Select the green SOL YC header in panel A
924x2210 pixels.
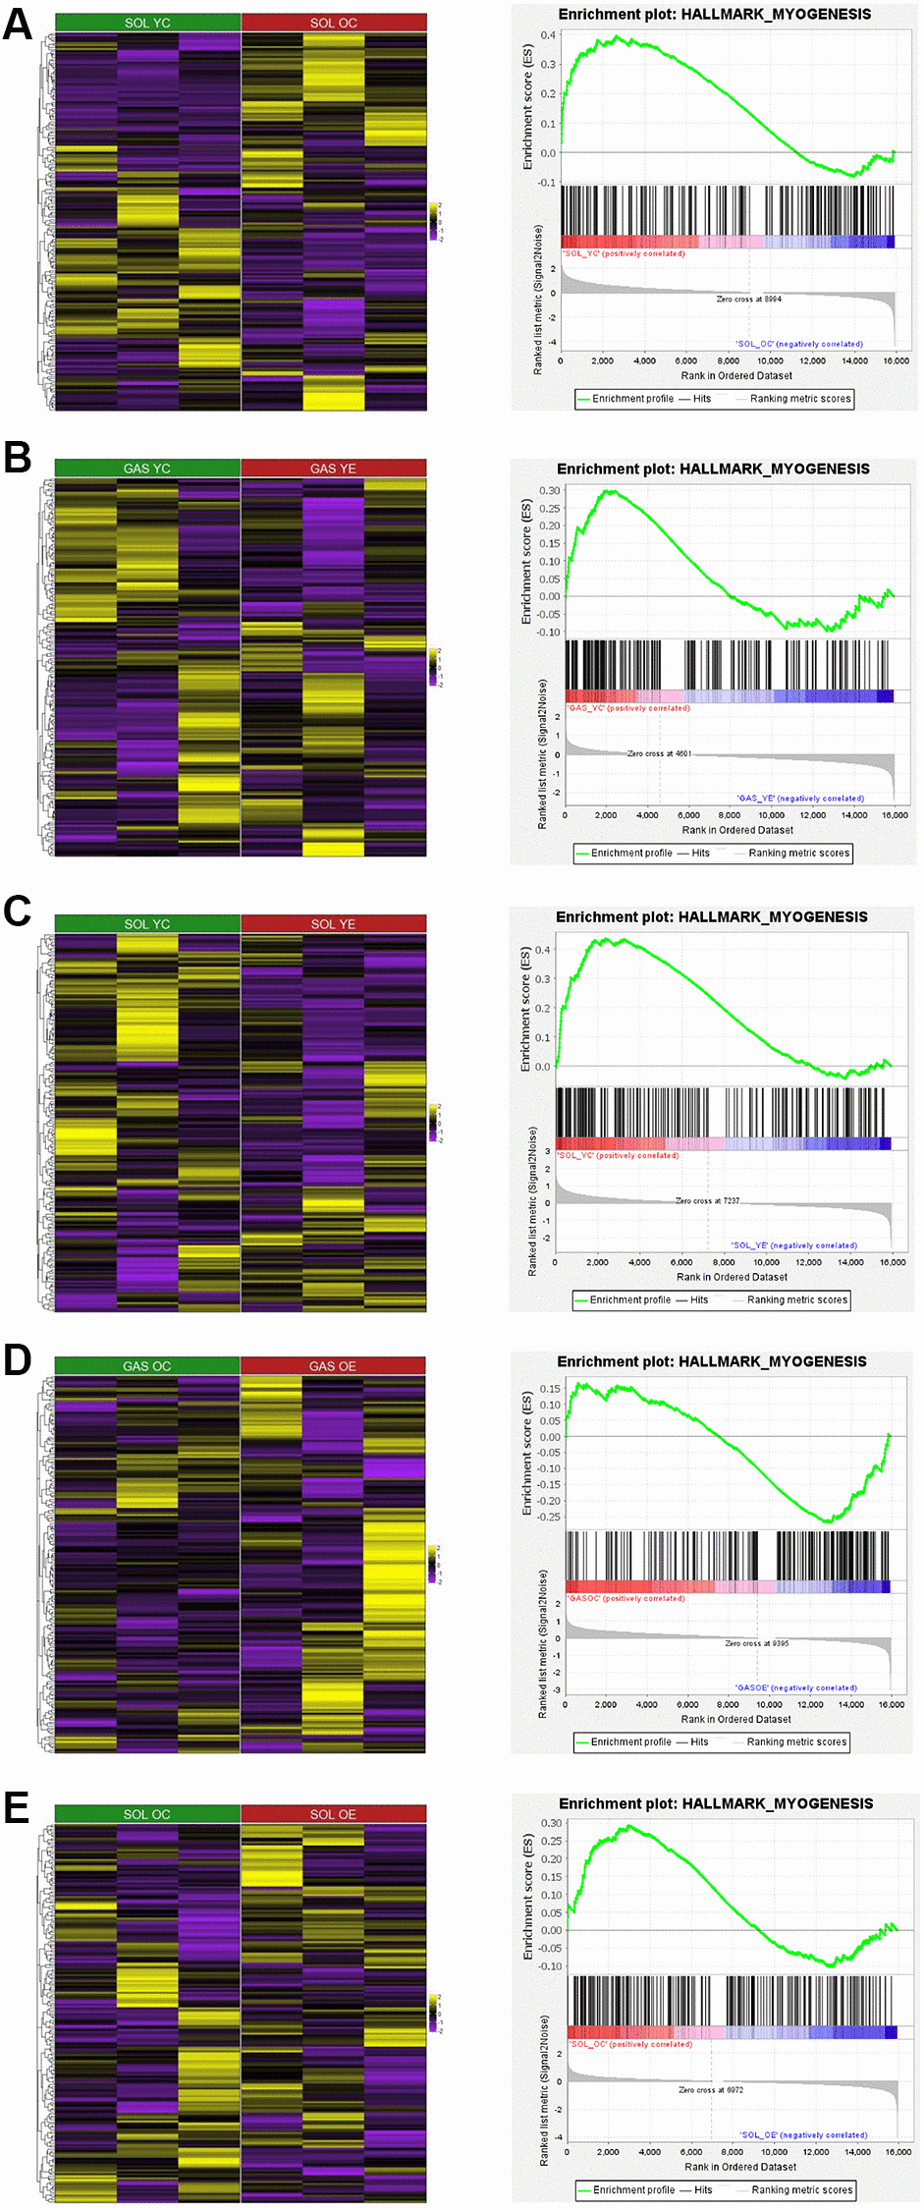tap(147, 23)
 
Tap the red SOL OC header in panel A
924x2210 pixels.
tap(334, 23)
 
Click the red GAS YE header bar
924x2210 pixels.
tap(334, 469)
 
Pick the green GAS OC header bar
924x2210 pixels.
tap(147, 1366)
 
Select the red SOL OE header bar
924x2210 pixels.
tap(334, 1814)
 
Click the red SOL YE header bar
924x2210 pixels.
tap(334, 924)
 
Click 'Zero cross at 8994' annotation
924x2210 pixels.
tap(749, 299)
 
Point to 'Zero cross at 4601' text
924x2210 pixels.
tap(660, 753)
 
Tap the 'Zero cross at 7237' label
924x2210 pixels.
tap(708, 1200)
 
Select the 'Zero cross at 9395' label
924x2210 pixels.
tap(757, 1643)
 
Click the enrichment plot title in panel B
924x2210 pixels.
tap(713, 469)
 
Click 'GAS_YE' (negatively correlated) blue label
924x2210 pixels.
tap(800, 799)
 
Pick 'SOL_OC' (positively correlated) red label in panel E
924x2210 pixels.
tap(631, 2044)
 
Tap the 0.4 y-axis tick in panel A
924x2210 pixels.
tap(548, 35)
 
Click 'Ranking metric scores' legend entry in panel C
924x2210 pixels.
tap(796, 1299)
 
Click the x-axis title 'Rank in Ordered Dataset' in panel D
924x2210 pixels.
tap(735, 1719)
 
